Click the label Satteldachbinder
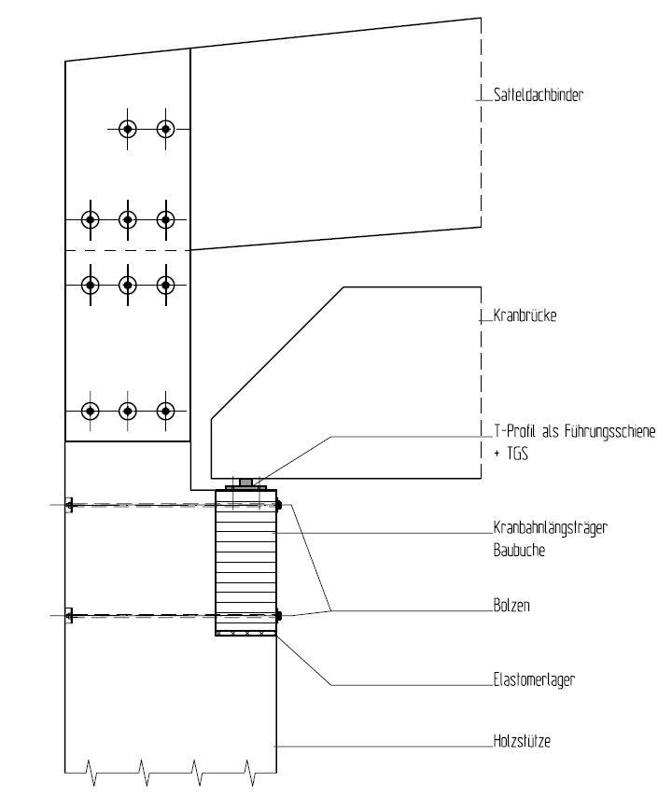click(538, 95)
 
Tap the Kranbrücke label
click(525, 315)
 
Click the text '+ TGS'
click(511, 454)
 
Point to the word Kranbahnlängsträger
click(551, 528)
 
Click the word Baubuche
click(519, 551)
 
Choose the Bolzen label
click(511, 606)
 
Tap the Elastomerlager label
click(534, 679)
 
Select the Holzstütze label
click(522, 741)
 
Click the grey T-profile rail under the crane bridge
click(246, 483)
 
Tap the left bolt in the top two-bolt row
click(127, 129)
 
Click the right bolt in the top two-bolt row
click(165, 129)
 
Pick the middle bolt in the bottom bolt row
click(127, 412)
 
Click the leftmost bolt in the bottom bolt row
click(90, 412)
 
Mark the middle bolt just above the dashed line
click(127, 220)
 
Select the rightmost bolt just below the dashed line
click(165, 285)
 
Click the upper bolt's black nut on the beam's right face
click(279, 505)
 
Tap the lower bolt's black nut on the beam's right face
click(279, 616)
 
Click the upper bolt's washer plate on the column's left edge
click(69, 505)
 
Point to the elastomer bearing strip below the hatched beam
click(245, 633)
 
